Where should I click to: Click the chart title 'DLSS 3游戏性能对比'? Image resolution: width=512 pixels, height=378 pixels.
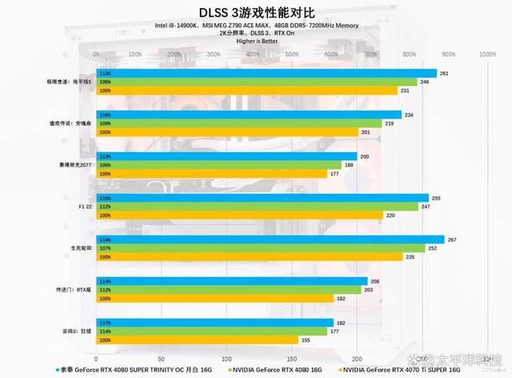pyautogui.click(x=257, y=11)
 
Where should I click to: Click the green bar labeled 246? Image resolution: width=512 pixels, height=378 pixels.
pyautogui.click(x=257, y=82)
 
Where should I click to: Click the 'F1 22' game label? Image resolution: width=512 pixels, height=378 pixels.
pyautogui.click(x=84, y=206)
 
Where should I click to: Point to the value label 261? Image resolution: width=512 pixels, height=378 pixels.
pyautogui.click(x=444, y=73)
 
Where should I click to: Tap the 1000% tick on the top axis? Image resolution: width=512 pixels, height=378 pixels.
pyautogui.click(x=486, y=54)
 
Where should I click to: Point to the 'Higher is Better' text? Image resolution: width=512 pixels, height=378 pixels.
pyautogui.click(x=257, y=42)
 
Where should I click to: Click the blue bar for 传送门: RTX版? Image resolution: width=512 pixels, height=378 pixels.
pyautogui.click(x=231, y=281)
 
